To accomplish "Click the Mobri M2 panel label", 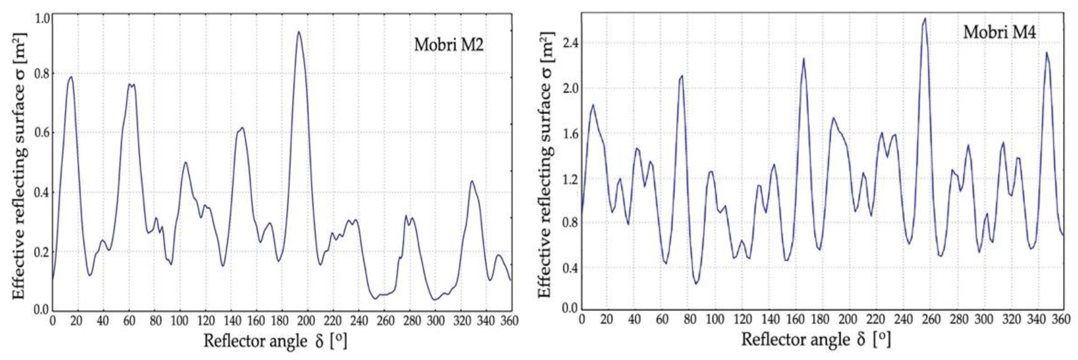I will pos(449,44).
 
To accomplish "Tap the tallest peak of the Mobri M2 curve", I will pos(298,32).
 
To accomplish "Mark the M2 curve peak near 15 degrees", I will pos(71,77).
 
